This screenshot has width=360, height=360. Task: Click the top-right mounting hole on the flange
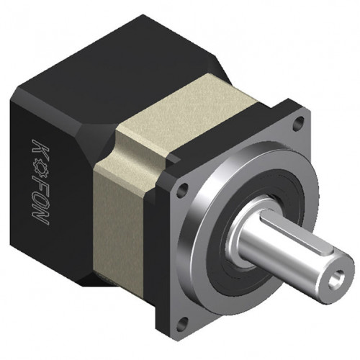pyautogui.click(x=298, y=122)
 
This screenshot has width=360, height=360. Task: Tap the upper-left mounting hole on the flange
pyautogui.click(x=181, y=190)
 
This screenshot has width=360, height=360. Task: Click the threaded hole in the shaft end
pyautogui.click(x=336, y=279)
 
